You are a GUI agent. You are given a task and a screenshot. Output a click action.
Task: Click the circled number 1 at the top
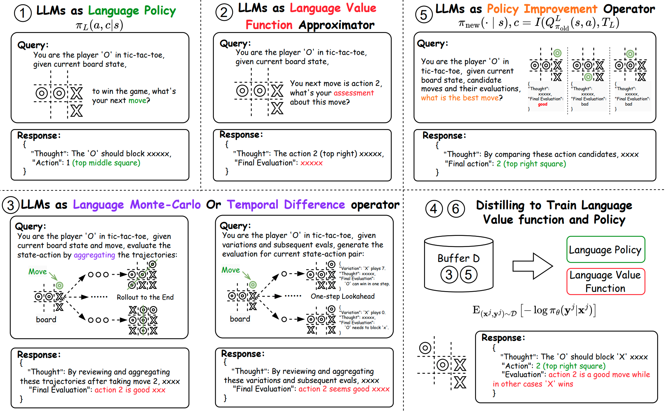23,13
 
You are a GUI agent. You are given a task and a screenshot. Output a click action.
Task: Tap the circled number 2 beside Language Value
224,12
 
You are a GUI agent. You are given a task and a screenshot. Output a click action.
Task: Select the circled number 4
434,209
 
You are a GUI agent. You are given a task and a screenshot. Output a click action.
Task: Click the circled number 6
456,209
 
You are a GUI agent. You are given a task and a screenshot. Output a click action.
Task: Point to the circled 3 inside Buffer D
449,275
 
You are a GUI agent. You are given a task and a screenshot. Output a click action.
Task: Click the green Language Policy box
606,250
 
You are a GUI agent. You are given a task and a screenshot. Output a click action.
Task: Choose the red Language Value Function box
606,282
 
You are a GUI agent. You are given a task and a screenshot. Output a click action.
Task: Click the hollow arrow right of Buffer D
532,266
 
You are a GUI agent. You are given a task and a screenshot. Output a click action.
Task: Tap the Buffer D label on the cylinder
458,258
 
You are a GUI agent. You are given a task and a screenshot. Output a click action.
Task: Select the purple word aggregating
94,255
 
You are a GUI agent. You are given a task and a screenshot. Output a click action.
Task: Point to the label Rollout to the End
145,297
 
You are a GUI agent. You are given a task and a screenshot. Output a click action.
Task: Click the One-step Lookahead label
342,296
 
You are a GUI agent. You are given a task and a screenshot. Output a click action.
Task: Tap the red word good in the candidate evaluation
543,104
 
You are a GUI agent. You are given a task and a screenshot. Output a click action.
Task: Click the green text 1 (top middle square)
103,163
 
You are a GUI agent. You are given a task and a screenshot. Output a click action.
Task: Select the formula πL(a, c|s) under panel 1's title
99,25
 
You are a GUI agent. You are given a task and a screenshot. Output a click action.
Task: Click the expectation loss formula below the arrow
534,310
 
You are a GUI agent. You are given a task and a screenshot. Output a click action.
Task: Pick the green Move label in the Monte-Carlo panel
38,271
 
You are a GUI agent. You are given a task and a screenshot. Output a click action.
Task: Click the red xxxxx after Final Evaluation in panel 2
311,163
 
